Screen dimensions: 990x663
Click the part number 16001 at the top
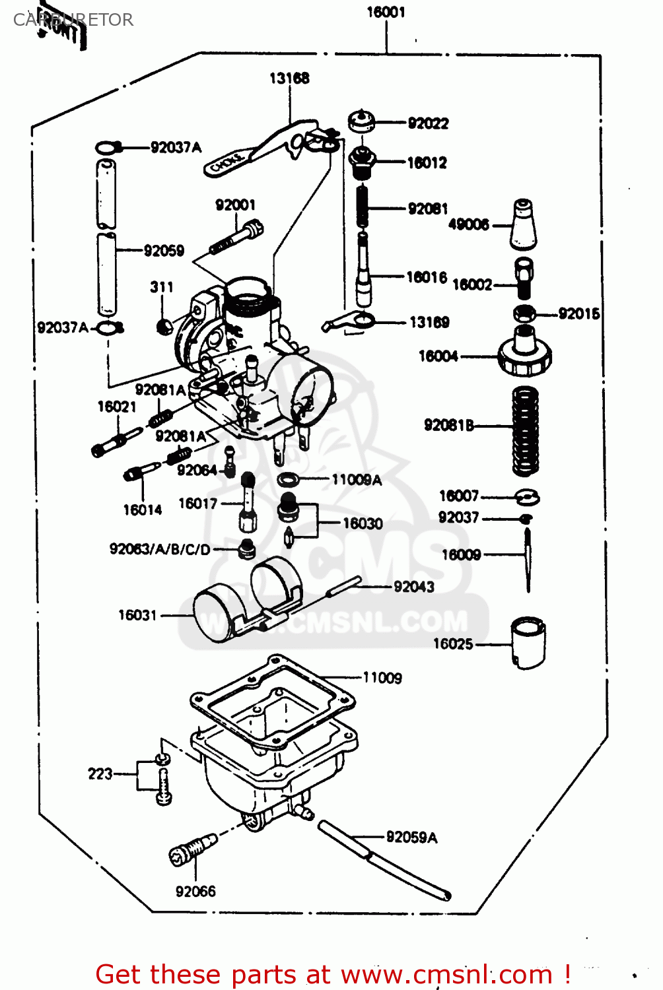(386, 12)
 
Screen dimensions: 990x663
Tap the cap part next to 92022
(361, 121)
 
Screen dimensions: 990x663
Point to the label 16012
(427, 162)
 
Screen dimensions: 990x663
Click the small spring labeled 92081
(363, 205)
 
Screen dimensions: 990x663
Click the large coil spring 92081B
(526, 430)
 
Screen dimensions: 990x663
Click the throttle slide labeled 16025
(528, 642)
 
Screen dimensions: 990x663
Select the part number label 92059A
(411, 837)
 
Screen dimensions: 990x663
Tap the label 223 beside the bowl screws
(100, 774)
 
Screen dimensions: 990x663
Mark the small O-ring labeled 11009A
(288, 478)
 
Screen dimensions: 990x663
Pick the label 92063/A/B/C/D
(160, 549)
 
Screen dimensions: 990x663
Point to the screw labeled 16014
(141, 472)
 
